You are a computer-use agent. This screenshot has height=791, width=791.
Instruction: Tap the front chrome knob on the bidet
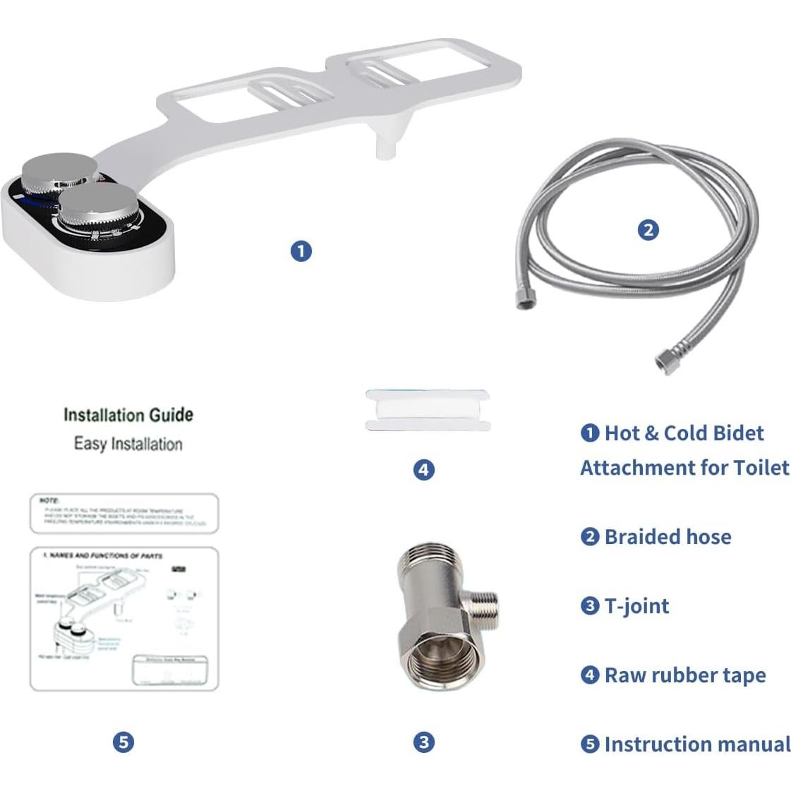(x=97, y=205)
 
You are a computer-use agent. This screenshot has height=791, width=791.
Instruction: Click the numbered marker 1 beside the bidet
(x=301, y=250)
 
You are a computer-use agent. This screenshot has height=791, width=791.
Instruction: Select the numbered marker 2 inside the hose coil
(x=648, y=229)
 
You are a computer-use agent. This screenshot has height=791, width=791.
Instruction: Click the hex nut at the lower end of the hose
(x=664, y=363)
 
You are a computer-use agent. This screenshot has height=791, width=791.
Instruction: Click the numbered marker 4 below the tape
(x=423, y=469)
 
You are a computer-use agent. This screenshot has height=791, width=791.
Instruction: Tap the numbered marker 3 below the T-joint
(x=423, y=742)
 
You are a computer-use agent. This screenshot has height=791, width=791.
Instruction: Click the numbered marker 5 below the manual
(x=123, y=742)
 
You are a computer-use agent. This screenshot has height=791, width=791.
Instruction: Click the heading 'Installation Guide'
(x=128, y=415)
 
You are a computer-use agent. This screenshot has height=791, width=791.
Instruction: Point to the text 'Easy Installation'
(x=128, y=444)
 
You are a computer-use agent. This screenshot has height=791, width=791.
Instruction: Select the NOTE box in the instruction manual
(x=124, y=514)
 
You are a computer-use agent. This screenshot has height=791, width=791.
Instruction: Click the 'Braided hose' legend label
(x=667, y=537)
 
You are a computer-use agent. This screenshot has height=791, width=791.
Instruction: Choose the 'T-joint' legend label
(x=636, y=606)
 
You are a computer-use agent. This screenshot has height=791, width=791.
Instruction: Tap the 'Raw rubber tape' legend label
(x=684, y=675)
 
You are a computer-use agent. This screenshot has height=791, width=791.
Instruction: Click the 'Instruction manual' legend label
(x=696, y=744)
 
